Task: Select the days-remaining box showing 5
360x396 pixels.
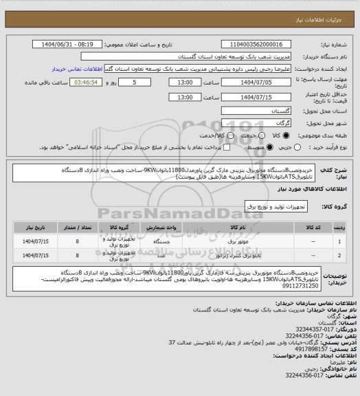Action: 124,82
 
